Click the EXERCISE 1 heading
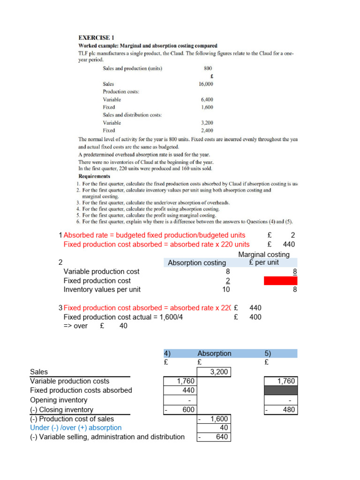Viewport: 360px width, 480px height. pos(96,37)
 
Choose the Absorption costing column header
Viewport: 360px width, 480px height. pos(197,262)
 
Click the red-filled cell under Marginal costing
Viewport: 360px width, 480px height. pos(280,280)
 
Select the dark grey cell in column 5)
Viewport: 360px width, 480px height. pos(280,390)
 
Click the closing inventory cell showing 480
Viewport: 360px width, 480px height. pos(280,410)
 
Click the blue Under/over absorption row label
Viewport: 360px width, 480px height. pos(75,427)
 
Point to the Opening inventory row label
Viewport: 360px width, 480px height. pos(59,400)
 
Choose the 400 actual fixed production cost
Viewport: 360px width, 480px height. pos(255,317)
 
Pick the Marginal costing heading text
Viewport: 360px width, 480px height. pos(264,255)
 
